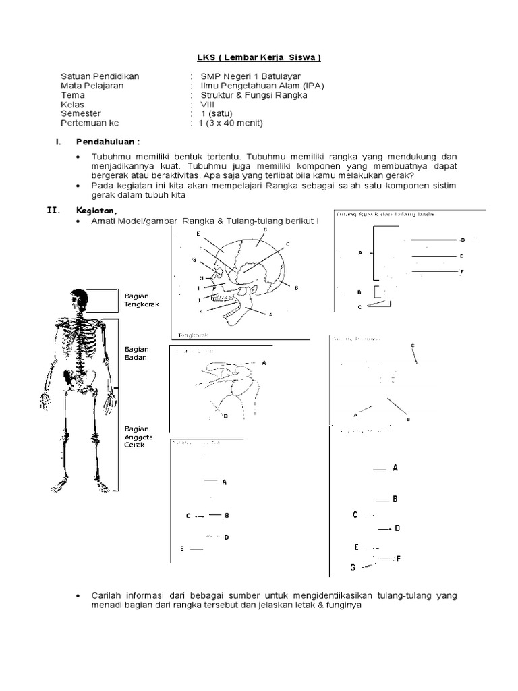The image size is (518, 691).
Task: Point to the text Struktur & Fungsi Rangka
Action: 249,95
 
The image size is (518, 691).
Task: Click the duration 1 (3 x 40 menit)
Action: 230,123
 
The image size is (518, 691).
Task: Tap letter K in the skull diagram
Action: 200,310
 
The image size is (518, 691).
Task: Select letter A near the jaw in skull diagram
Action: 270,314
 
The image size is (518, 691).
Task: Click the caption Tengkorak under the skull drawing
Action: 194,334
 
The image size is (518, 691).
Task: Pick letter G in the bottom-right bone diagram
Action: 352,568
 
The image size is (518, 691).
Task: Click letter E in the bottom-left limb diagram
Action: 182,549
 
